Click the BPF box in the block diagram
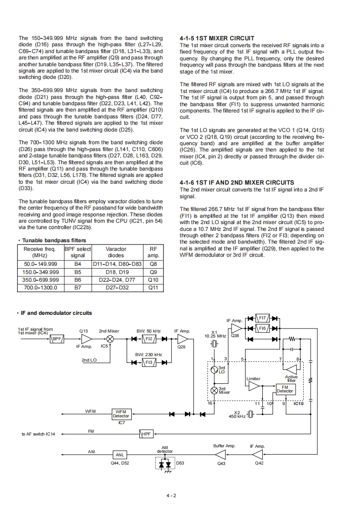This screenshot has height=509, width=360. tap(57, 338)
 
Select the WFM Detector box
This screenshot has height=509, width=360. tap(121, 413)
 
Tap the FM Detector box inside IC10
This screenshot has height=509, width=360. tap(285, 389)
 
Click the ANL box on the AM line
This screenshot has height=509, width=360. tap(120, 455)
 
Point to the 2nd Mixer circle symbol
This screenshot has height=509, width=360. tap(109, 338)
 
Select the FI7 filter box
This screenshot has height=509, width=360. tap(262, 318)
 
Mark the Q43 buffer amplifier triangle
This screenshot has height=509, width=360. tap(221, 454)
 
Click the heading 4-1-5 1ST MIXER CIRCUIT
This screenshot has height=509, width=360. tap(217, 39)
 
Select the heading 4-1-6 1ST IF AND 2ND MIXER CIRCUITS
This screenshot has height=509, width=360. tap(237, 183)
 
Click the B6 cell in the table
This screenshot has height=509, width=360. tap(78, 280)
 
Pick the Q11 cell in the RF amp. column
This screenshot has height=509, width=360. tap(153, 287)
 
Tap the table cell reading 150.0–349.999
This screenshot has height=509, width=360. tap(40, 273)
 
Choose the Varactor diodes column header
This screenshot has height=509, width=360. tap(116, 252)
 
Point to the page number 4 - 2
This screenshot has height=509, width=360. tap(171, 495)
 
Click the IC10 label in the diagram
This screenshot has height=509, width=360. tap(299, 403)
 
